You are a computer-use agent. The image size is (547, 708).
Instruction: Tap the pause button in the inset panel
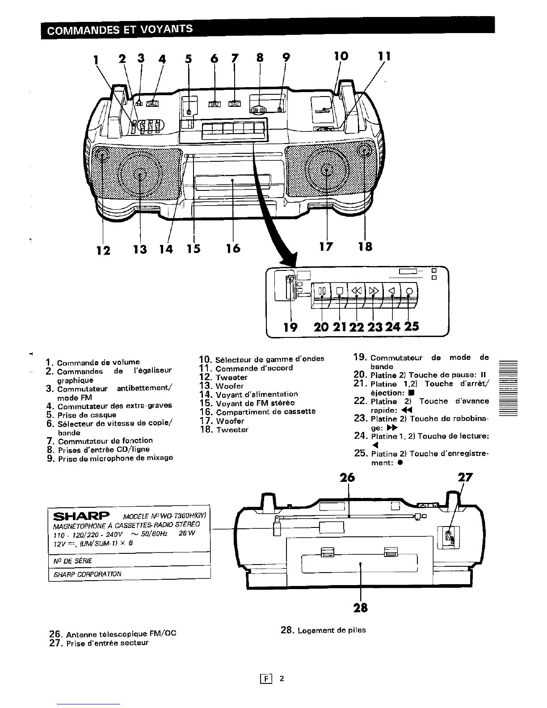coord(322,291)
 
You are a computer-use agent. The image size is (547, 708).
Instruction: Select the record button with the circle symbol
coord(409,291)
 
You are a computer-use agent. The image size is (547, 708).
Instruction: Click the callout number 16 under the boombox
coord(233,248)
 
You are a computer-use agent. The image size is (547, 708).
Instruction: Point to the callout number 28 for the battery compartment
coord(361,607)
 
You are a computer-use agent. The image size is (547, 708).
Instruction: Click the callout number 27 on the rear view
coord(465,477)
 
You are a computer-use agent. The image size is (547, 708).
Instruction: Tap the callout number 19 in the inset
coord(291,327)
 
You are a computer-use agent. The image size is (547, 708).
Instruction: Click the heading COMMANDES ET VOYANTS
coord(120,29)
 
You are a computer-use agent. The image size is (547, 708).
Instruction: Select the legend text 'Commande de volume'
coord(98,362)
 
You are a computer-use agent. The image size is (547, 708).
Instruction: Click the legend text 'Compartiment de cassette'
coord(265,411)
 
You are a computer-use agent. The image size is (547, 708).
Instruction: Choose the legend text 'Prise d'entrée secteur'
coord(107,643)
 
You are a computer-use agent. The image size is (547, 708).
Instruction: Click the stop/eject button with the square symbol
coord(339,291)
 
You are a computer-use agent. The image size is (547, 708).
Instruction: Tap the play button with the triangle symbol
coord(391,291)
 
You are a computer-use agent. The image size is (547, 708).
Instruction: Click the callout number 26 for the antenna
coord(347,477)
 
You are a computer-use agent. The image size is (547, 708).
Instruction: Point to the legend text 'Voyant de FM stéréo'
coord(255,403)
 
